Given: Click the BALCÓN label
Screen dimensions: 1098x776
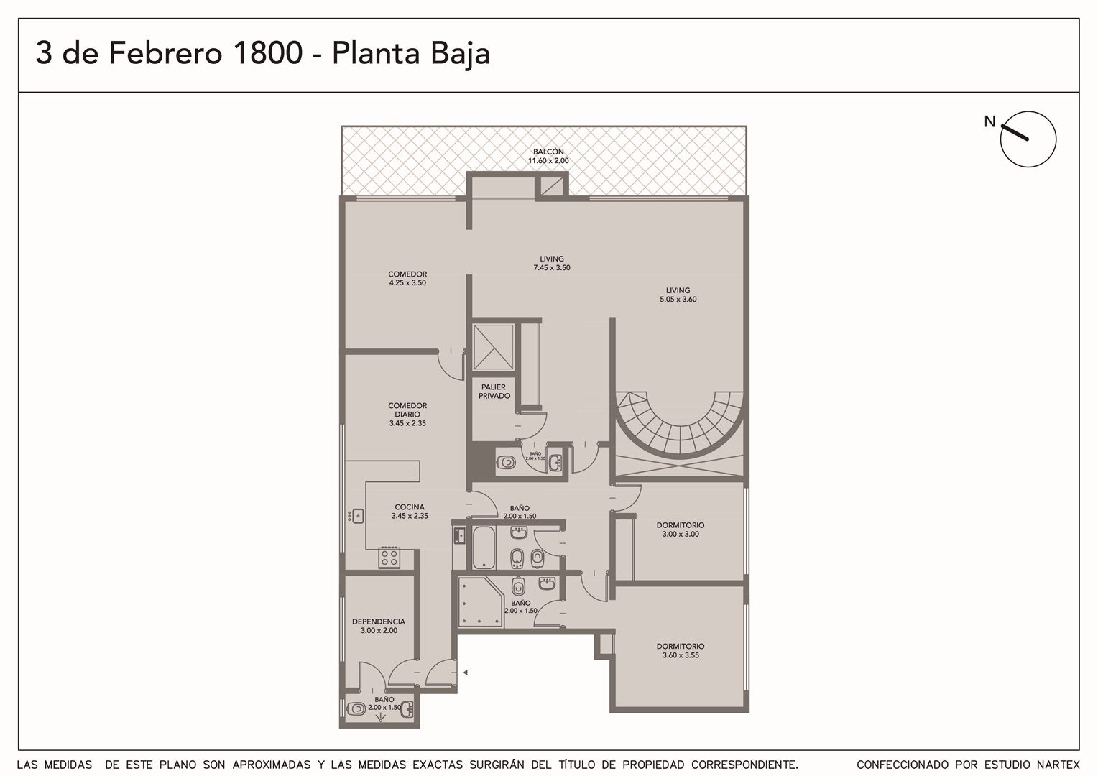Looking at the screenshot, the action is [x=548, y=152].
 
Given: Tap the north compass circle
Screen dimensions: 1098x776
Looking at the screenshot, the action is [x=1028, y=139].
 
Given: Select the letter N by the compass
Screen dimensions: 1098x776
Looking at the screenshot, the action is [x=989, y=121].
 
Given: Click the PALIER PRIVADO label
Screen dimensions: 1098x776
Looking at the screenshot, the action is [x=494, y=391].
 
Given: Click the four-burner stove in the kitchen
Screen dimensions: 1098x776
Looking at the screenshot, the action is [x=389, y=558].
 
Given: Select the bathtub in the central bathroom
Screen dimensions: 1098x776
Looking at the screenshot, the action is [x=484, y=548].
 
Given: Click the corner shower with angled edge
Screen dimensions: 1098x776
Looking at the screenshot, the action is [x=480, y=602].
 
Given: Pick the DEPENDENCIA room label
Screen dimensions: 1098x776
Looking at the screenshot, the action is [x=379, y=622].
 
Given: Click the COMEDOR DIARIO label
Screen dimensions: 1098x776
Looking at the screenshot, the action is [x=407, y=410].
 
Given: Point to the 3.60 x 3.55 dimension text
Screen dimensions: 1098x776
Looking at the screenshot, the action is [x=681, y=655].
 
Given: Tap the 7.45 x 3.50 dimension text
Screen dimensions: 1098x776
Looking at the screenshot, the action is [x=552, y=268].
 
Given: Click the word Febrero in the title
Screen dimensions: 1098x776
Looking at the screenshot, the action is [x=165, y=53].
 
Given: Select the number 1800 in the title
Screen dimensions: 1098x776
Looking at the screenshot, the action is [x=267, y=53].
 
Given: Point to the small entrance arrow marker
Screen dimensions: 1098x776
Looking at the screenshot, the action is [x=465, y=673].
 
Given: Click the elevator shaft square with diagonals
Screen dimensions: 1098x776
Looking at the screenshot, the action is [x=493, y=346].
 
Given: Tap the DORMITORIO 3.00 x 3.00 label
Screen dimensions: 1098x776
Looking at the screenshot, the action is [x=681, y=530].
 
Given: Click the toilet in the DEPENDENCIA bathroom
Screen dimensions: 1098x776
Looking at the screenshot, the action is [x=356, y=709].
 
